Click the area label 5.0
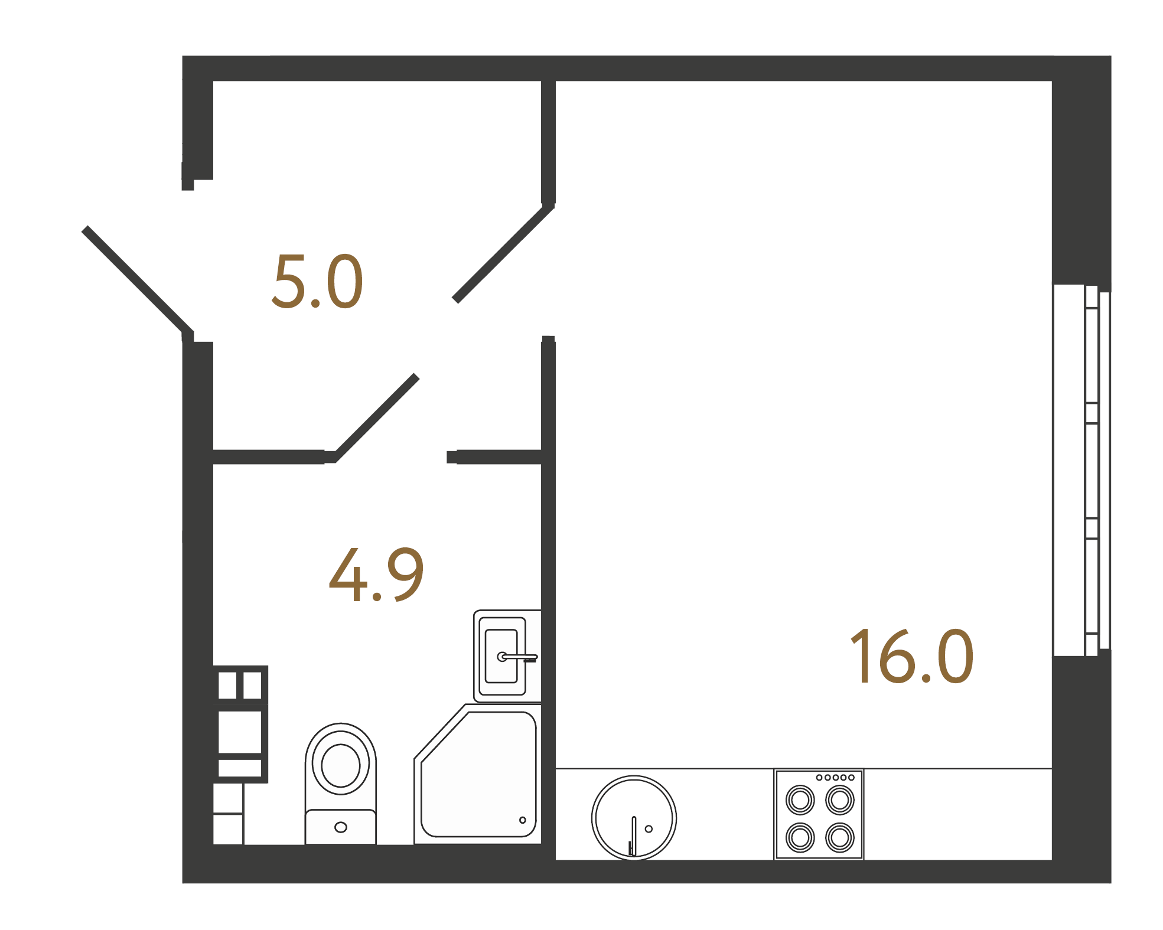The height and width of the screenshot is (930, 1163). coord(317,282)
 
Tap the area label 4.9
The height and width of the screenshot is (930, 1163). coord(376,575)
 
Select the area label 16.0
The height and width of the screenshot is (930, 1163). coord(911,656)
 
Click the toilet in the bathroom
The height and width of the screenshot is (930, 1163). coord(341,779)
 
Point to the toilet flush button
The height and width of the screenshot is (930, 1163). coord(341,827)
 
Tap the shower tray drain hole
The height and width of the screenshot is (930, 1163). coord(522,820)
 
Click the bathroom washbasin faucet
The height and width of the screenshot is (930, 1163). coord(520,657)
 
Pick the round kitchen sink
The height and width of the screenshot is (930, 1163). coord(634,818)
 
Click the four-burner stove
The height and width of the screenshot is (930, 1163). coord(819,814)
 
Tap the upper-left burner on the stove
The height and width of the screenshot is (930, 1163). coord(800,801)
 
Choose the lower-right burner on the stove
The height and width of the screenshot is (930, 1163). coord(839,837)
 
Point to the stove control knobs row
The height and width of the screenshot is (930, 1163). coord(835,778)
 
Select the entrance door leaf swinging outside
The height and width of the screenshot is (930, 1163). coord(138,280)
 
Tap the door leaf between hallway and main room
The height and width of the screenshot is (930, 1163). coord(503,253)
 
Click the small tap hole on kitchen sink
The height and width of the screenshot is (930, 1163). coord(649,829)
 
